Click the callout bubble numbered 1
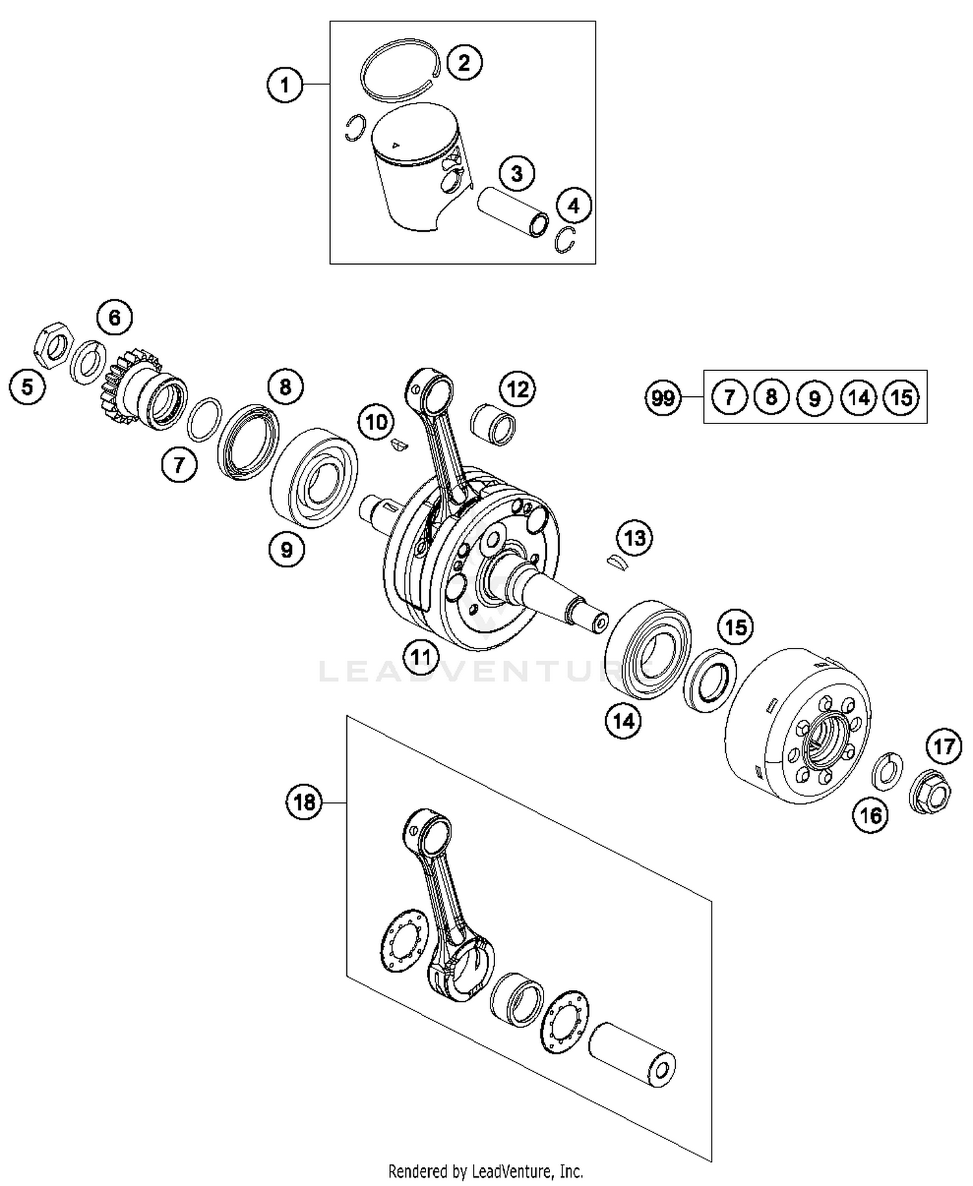coord(285,85)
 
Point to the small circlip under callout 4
coord(566,241)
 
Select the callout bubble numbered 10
coord(376,423)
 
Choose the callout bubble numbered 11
coord(420,657)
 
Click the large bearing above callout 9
coord(313,476)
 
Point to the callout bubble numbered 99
coord(663,397)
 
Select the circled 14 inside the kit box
coord(858,397)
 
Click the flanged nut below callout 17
coord(930,794)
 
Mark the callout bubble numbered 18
coord(304,803)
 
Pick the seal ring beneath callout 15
coord(710,680)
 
